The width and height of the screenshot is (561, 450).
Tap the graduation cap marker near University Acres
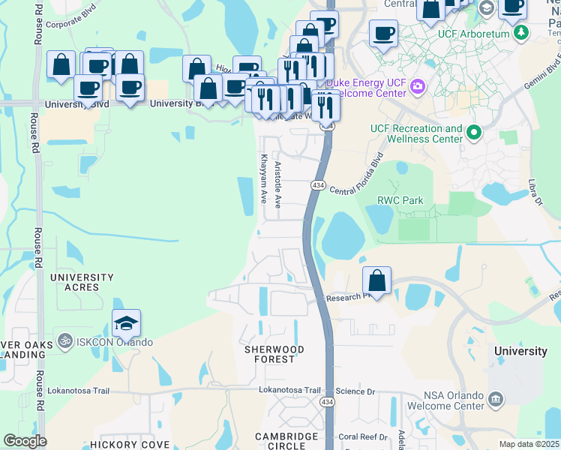(x=127, y=323)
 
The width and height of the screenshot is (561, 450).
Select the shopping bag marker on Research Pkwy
(x=377, y=281)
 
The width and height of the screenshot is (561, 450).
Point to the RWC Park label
(x=400, y=200)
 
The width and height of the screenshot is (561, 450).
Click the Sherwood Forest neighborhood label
(x=274, y=354)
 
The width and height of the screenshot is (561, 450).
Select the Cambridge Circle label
(x=286, y=442)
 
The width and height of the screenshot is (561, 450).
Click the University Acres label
(x=82, y=282)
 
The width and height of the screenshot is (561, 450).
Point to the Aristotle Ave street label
(x=277, y=184)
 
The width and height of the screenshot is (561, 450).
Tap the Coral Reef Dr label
(x=362, y=436)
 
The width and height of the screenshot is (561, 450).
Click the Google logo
(x=25, y=441)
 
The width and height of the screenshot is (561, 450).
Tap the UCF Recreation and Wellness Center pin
(x=473, y=134)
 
